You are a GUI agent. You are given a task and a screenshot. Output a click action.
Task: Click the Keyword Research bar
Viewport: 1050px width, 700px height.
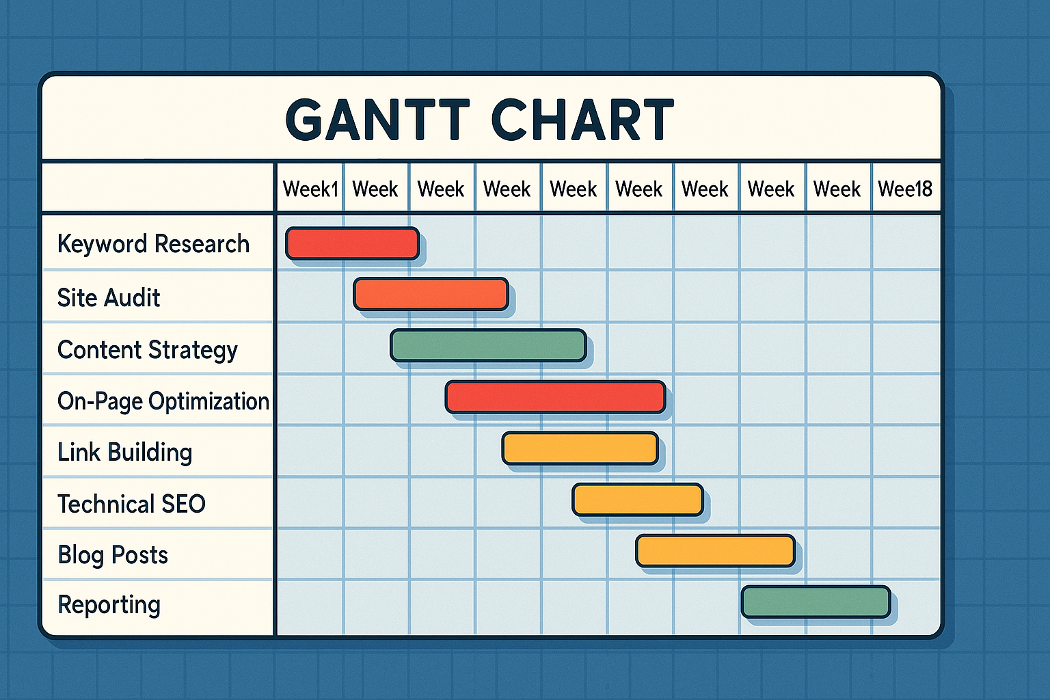point(352,243)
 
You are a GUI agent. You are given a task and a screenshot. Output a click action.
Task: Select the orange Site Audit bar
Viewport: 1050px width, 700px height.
point(431,294)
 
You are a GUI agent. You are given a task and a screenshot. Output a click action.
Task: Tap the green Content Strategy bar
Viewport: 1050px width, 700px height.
point(488,345)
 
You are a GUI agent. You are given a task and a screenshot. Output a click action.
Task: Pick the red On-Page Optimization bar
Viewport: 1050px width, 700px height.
point(556,397)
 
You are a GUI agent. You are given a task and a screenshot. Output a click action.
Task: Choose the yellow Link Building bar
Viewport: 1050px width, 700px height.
point(580,448)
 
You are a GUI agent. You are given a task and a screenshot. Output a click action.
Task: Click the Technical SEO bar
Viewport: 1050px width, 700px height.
point(638,500)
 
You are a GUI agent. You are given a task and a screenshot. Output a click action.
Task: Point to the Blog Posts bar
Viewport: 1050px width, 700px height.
point(715,551)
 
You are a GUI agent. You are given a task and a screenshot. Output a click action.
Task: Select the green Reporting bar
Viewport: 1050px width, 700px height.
point(816,602)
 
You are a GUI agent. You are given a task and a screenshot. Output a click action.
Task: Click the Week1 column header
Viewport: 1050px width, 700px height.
point(310,189)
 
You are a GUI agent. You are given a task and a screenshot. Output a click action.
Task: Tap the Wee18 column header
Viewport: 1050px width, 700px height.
point(904,189)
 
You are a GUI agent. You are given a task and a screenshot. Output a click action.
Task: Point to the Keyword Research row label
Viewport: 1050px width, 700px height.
point(153,244)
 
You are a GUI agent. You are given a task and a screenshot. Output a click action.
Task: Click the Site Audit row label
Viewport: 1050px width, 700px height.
point(109,298)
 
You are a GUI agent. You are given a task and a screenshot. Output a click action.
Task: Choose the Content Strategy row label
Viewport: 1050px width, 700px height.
point(147,350)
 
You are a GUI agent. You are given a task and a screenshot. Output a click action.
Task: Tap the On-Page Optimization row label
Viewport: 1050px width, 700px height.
point(163,402)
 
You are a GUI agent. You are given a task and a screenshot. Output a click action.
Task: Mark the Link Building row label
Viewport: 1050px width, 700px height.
point(124,453)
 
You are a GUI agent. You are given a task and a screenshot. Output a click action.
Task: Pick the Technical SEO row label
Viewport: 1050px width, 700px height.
point(131,504)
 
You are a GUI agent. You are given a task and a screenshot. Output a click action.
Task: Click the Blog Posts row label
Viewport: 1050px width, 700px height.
point(113,556)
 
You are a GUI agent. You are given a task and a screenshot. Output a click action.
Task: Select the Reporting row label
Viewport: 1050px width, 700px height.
point(109,605)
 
